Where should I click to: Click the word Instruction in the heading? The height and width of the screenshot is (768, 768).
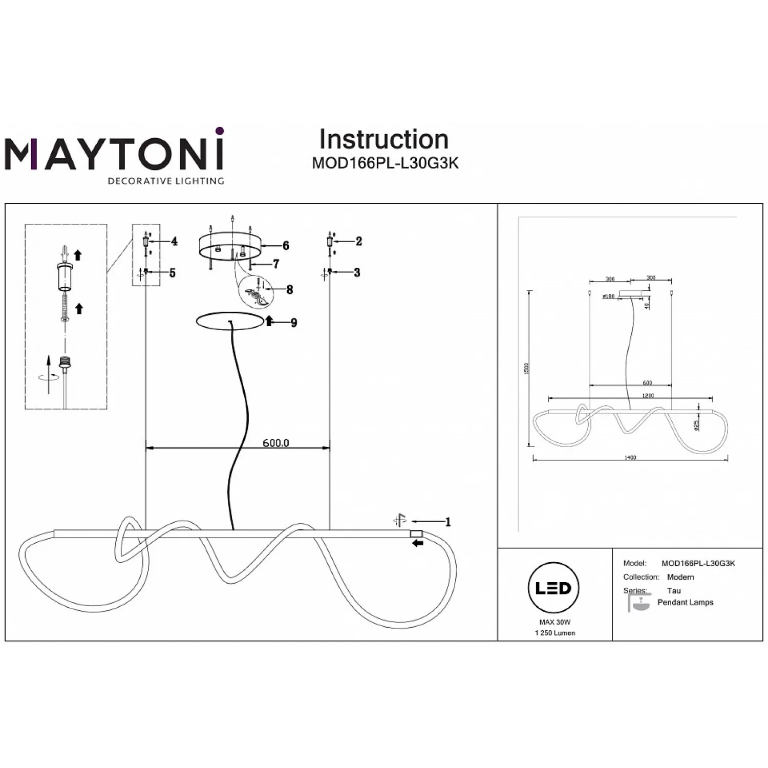pyautogui.click(x=383, y=139)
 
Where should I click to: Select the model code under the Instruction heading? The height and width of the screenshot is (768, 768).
pyautogui.click(x=385, y=163)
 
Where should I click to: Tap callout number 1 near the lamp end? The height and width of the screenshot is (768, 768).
pyautogui.click(x=448, y=522)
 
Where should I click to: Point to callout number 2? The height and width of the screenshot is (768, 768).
pyautogui.click(x=358, y=241)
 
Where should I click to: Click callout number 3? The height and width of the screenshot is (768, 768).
pyautogui.click(x=357, y=272)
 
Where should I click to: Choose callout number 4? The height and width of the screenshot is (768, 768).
pyautogui.click(x=174, y=241)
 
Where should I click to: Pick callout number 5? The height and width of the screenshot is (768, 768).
pyautogui.click(x=172, y=273)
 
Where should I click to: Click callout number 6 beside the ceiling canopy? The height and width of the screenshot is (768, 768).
pyautogui.click(x=286, y=246)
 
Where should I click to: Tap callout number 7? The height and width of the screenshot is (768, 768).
pyautogui.click(x=276, y=264)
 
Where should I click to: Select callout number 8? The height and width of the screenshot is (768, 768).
pyautogui.click(x=290, y=289)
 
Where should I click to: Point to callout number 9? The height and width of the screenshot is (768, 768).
pyautogui.click(x=293, y=323)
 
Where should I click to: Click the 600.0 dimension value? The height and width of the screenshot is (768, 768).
pyautogui.click(x=276, y=443)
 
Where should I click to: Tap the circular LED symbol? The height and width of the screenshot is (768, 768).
pyautogui.click(x=553, y=588)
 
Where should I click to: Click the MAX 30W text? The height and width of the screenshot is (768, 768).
pyautogui.click(x=554, y=622)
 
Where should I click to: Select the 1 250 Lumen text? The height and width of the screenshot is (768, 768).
pyautogui.click(x=554, y=633)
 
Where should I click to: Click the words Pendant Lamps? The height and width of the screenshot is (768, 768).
pyautogui.click(x=685, y=602)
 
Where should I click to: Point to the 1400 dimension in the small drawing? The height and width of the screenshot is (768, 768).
pyautogui.click(x=630, y=458)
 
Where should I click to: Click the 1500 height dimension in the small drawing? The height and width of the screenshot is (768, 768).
pyautogui.click(x=526, y=368)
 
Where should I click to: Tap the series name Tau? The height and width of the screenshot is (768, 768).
pyautogui.click(x=674, y=590)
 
